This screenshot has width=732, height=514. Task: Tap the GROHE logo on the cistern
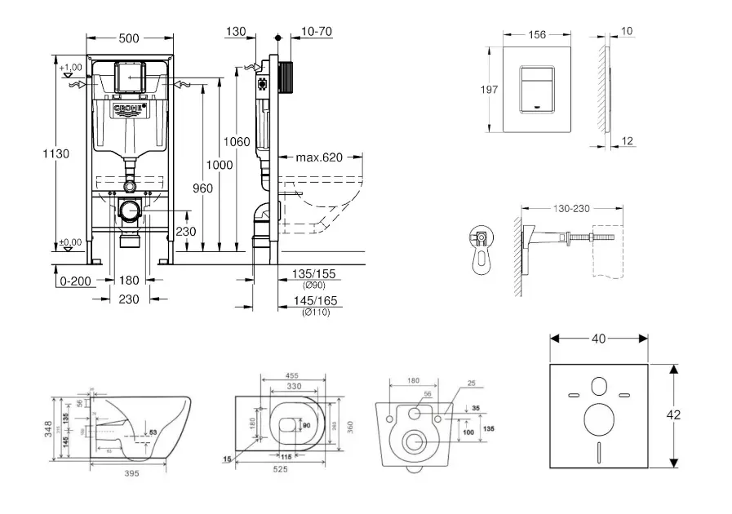129,108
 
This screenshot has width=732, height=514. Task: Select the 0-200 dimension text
74,281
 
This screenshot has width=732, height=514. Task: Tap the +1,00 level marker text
72,66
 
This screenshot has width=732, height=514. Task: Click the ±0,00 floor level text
72,242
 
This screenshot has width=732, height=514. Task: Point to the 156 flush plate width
536,34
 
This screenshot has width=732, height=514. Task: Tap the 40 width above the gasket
600,337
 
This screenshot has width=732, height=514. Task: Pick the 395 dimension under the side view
131,472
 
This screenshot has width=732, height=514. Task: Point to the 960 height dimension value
203,188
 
